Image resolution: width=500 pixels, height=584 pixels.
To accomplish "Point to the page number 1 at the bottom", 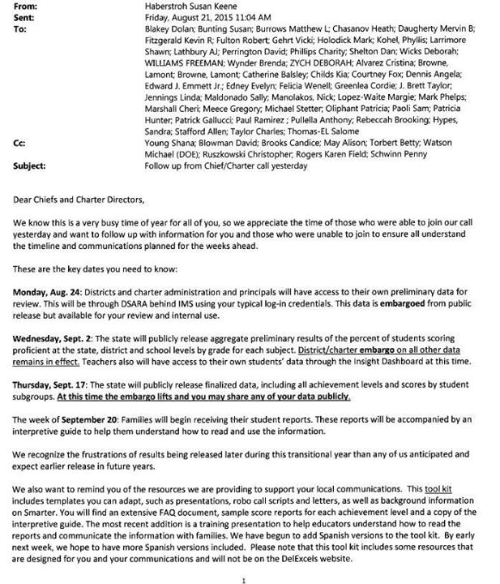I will coord(244,580).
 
